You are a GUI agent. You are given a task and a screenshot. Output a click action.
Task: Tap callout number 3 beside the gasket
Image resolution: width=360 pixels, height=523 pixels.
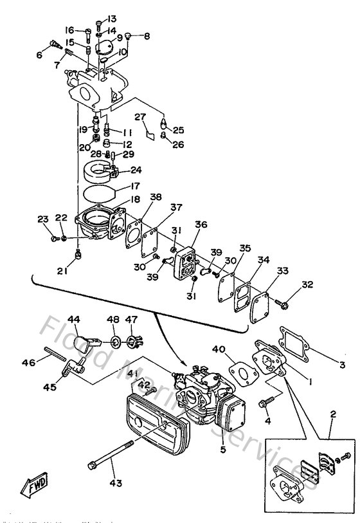[343, 365]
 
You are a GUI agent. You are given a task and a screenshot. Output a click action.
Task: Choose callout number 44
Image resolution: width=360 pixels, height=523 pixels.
[74, 319]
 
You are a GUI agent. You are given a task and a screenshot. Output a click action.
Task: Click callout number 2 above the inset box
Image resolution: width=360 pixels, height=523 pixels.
[332, 416]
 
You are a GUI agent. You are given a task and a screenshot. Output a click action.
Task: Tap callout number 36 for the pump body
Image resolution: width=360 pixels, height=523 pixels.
[201, 225]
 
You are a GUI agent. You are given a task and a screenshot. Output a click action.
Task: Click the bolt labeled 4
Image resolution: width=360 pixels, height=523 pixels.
[264, 404]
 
